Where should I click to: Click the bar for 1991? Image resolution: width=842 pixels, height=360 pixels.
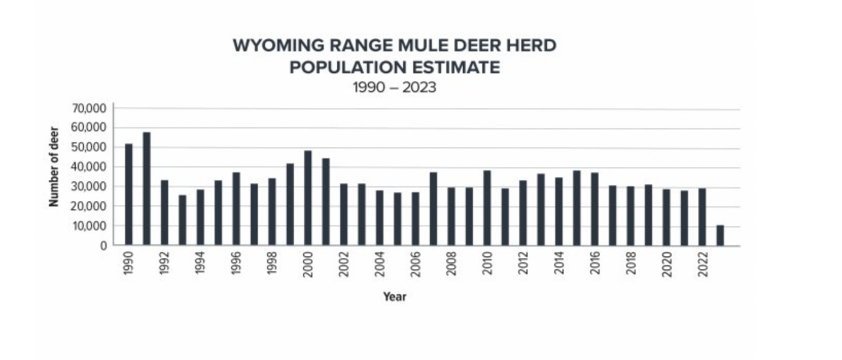(x=146, y=188)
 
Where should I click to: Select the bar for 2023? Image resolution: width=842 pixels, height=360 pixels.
(x=720, y=235)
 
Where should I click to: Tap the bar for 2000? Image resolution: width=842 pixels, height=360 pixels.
(x=308, y=198)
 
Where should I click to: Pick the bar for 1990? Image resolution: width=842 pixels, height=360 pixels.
(x=129, y=194)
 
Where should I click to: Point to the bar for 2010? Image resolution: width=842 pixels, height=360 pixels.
(x=487, y=208)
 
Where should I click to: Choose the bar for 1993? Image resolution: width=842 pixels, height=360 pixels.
(x=183, y=220)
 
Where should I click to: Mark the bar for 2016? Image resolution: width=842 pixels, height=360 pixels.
(x=594, y=209)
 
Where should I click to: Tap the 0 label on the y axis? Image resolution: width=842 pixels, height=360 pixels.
(x=103, y=246)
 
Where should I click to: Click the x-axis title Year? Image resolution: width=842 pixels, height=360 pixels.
(x=395, y=297)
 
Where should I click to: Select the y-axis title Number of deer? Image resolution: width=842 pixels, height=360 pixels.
(x=54, y=167)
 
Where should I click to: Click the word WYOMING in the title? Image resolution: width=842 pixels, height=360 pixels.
(x=272, y=45)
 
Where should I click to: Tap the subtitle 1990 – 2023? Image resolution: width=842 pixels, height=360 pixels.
(x=395, y=88)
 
